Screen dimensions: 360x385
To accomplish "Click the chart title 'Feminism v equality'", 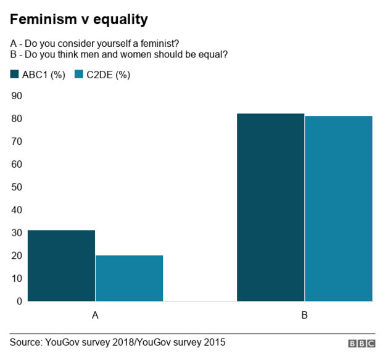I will pyautogui.click(x=78, y=20).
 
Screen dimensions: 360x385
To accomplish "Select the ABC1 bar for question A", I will pyautogui.click(x=61, y=265).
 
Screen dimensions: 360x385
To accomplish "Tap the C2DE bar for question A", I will pyautogui.click(x=129, y=278).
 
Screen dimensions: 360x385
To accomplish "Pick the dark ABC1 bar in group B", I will pyautogui.click(x=270, y=207).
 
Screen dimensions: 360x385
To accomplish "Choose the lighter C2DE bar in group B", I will pyautogui.click(x=338, y=208).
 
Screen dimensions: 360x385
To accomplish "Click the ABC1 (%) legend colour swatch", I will pyautogui.click(x=15, y=75).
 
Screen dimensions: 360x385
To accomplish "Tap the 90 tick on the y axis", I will pyautogui.click(x=17, y=96).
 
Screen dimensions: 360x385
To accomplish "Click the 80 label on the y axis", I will pyautogui.click(x=17, y=118).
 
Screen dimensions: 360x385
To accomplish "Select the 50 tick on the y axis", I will pyautogui.click(x=17, y=187).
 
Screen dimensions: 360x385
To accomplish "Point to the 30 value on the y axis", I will pyautogui.click(x=17, y=232).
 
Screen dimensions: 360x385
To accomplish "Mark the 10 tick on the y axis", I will pyautogui.click(x=17, y=278).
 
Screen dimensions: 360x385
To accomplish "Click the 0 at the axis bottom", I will pyautogui.click(x=19, y=301).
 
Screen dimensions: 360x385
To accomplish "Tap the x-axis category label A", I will pyautogui.click(x=95, y=315).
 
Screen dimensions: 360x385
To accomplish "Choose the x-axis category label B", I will pyautogui.click(x=304, y=315).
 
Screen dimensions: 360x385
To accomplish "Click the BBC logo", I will pyautogui.click(x=361, y=343).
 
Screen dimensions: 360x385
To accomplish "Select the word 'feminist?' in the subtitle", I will pyautogui.click(x=159, y=43).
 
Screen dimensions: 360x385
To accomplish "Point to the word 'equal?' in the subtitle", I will pyautogui.click(x=213, y=54).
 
